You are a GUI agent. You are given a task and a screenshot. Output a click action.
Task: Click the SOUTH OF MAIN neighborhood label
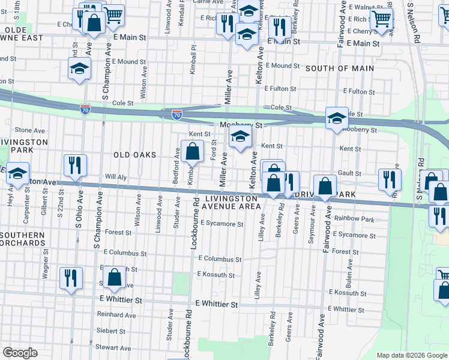click(x=340, y=68)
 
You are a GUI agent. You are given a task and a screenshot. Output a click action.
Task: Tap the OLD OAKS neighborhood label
click(x=134, y=155)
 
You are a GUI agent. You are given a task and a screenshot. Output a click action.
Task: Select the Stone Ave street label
click(x=30, y=130)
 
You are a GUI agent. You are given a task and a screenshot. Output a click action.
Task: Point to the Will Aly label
click(x=116, y=177)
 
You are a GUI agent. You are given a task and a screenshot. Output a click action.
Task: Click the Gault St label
click(x=349, y=173)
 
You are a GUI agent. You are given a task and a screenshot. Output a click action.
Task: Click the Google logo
click(x=20, y=352)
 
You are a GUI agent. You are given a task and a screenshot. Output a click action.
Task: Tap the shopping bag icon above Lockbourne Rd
click(x=193, y=152)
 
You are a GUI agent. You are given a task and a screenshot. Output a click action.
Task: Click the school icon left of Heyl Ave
click(x=18, y=175)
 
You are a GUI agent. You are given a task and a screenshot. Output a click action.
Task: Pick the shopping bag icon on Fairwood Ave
click(x=325, y=187)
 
